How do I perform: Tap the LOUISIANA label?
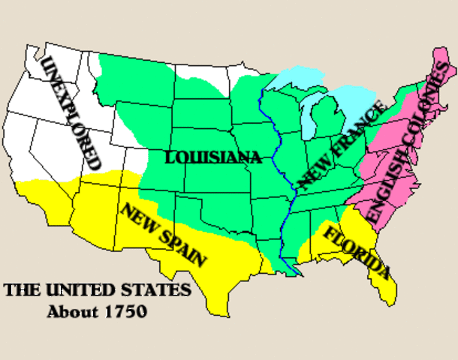coord(213,157)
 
